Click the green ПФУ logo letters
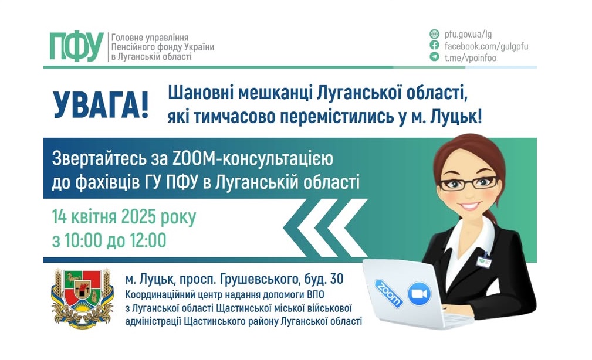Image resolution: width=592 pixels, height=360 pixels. tap(77, 46)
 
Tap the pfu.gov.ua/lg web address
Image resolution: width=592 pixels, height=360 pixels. tap(468, 35)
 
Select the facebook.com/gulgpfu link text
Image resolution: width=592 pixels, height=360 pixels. tap(486, 46)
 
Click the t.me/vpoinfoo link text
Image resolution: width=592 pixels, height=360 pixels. tap(471, 57)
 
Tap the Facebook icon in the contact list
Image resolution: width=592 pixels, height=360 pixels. tap(435, 45)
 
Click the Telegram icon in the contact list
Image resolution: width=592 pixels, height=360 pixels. tap(435, 57)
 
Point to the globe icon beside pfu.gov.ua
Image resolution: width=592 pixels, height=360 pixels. tap(435, 34)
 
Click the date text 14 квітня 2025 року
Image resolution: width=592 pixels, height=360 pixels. tap(124, 218)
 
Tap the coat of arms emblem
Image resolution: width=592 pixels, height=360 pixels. tap(82, 298)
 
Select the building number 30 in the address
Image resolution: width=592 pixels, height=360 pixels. tap(337, 279)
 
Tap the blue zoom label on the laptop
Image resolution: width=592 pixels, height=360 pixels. tap(388, 294)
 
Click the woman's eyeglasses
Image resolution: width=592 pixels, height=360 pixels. tap(468, 184)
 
